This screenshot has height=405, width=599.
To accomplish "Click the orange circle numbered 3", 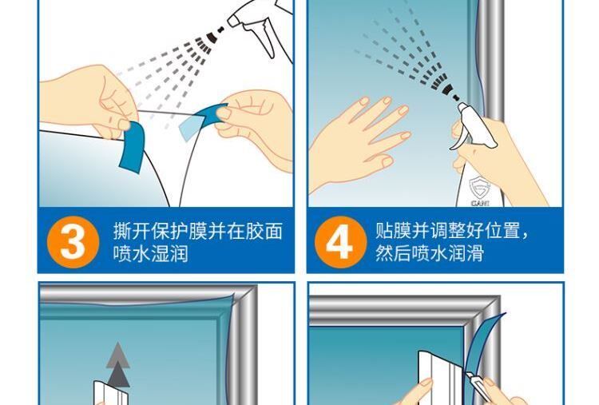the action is click(73, 242).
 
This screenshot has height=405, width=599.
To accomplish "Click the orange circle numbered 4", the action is click(340, 242).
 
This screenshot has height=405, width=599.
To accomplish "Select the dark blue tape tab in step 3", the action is click(133, 146).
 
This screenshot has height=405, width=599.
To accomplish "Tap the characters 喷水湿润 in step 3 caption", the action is click(150, 254).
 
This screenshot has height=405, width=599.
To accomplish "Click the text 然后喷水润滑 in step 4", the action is click(430, 253).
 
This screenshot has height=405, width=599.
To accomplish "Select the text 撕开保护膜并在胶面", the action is click(198, 232).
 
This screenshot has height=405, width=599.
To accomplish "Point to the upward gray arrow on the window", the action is click(118, 365).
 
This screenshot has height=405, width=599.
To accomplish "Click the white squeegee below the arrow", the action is click(111, 393).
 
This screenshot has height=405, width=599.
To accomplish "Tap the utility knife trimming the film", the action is click(476, 387).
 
